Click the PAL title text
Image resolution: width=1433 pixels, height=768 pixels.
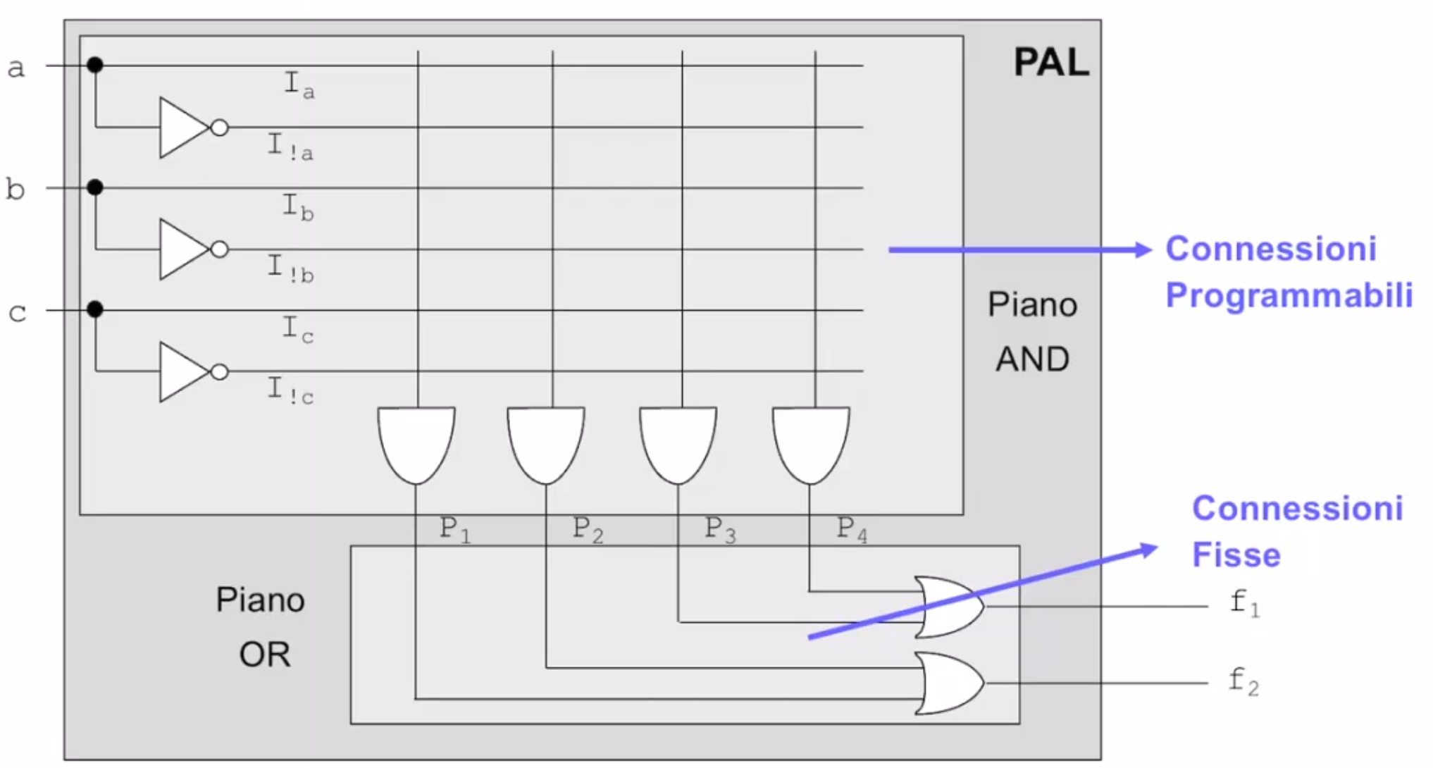[1050, 63]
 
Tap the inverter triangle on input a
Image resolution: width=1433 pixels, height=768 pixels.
[182, 128]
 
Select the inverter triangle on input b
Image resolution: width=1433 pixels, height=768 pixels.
[182, 249]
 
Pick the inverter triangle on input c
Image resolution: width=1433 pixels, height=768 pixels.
[182, 371]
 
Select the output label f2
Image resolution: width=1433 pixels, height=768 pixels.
[1243, 681]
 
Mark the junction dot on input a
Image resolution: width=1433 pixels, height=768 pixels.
[95, 66]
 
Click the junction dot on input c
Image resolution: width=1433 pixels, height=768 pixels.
[95, 309]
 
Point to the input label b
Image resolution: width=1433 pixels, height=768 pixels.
[15, 189]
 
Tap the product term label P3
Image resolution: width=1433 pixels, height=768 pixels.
[720, 528]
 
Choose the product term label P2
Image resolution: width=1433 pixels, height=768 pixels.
[588, 528]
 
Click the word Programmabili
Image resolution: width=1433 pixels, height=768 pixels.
[1289, 295]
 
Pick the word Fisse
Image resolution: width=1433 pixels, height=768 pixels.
[1236, 555]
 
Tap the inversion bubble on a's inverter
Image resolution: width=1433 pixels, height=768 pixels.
[220, 128]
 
